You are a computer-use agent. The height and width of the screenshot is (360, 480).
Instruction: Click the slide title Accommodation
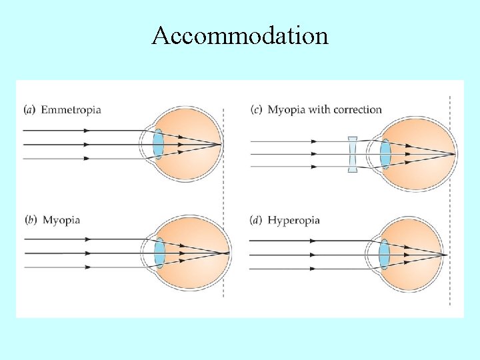tap(240, 35)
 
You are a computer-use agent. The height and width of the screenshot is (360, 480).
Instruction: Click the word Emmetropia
tap(71, 109)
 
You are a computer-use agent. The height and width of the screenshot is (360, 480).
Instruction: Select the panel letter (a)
tap(29, 109)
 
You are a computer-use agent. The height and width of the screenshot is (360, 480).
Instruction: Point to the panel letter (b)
tap(29, 220)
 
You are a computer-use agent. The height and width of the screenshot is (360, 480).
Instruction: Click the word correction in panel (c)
tap(357, 109)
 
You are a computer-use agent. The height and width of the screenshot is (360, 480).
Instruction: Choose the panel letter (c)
tap(256, 109)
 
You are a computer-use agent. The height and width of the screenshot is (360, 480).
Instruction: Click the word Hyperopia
tap(293, 220)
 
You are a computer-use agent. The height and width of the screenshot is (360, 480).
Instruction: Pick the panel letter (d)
tap(256, 220)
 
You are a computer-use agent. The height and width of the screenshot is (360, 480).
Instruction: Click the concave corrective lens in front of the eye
tap(353, 155)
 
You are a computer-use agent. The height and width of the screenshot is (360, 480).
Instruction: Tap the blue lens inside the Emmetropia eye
tap(158, 145)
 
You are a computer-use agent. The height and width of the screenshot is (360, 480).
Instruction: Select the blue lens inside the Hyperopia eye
tap(384, 254)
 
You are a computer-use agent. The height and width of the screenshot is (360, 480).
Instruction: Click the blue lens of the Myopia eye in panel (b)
tap(159, 253)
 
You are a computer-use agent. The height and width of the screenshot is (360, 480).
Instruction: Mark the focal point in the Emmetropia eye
tap(221, 145)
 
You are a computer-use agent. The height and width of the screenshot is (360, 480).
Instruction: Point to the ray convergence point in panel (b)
tap(229, 253)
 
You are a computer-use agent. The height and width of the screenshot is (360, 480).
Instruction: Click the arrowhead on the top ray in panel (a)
tap(86, 131)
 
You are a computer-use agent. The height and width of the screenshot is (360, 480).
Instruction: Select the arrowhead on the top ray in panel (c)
tap(313, 141)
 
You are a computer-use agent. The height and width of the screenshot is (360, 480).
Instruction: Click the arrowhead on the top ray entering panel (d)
tap(312, 240)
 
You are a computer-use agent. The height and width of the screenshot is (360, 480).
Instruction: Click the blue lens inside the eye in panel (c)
tap(385, 155)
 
